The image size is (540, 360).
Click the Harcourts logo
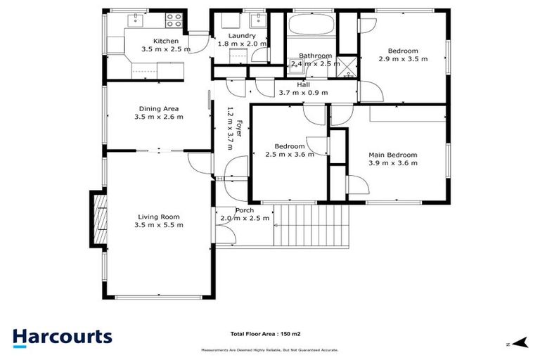click(62, 337)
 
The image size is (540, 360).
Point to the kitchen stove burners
click(173, 19)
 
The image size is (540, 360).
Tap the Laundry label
click(240, 35)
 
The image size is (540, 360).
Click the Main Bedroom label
click(393, 155)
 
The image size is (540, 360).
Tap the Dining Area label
click(159, 108)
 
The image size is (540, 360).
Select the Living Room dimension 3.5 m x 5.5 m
click(159, 225)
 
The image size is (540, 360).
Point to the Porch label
click(244, 210)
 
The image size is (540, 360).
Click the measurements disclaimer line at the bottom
click(269, 349)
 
